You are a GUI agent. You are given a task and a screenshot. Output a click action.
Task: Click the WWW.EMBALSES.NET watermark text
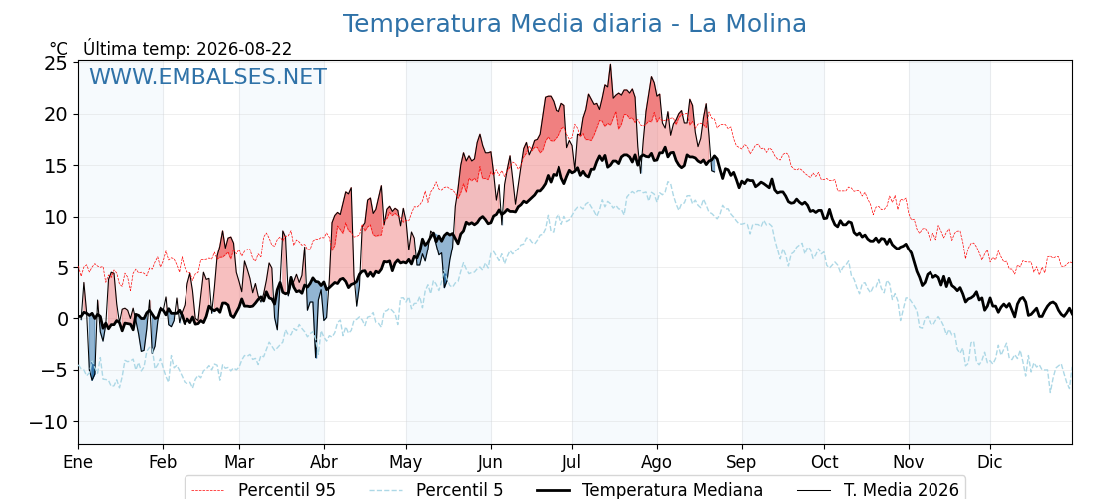208,76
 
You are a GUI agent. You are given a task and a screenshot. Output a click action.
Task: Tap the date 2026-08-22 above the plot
244,49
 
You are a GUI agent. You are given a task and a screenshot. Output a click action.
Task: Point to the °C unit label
59,49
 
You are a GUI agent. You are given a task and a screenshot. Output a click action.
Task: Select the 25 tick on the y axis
56,64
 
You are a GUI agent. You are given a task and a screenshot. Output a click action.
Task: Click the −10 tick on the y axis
49,422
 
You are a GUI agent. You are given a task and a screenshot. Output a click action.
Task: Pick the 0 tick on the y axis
62,319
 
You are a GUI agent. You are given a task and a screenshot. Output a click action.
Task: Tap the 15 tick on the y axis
56,166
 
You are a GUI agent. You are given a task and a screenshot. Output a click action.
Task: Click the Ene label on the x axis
78,462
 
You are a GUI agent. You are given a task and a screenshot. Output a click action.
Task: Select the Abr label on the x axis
324,462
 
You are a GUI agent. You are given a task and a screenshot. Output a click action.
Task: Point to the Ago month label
656,463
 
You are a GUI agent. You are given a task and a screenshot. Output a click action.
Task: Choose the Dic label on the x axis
989,462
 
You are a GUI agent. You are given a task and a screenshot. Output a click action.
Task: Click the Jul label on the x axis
572,462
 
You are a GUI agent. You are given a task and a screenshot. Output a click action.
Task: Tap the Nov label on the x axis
909,462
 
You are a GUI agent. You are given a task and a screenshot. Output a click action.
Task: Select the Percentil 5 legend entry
436,490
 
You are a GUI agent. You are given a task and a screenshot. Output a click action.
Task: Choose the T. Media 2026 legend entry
878,490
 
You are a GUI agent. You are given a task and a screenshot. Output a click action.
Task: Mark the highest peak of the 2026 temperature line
610,65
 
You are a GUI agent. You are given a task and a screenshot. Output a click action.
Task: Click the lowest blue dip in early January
92,378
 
